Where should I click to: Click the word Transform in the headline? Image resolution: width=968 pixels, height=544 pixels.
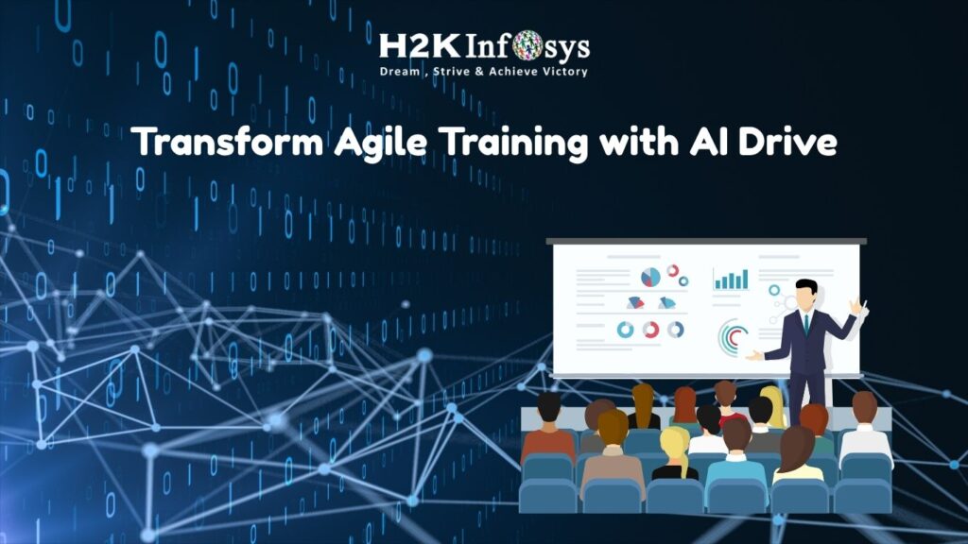click(227, 142)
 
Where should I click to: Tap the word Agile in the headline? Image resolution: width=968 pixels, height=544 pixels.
click(380, 143)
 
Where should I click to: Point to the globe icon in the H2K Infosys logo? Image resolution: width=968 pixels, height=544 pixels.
click(527, 45)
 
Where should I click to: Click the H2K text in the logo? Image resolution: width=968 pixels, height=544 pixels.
click(419, 47)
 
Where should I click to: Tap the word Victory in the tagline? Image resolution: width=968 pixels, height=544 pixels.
click(565, 72)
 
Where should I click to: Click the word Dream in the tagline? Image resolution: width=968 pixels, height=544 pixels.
click(400, 72)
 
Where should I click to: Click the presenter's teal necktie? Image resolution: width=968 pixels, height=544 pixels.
click(806, 323)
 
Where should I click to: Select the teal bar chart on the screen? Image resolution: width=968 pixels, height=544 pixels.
click(731, 280)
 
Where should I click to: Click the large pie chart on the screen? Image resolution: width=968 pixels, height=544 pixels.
click(650, 277)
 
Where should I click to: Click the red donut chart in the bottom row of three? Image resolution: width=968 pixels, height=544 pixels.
click(650, 330)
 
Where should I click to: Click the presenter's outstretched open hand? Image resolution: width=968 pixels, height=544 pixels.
click(754, 356)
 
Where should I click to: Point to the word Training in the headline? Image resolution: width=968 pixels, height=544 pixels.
click(513, 143)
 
